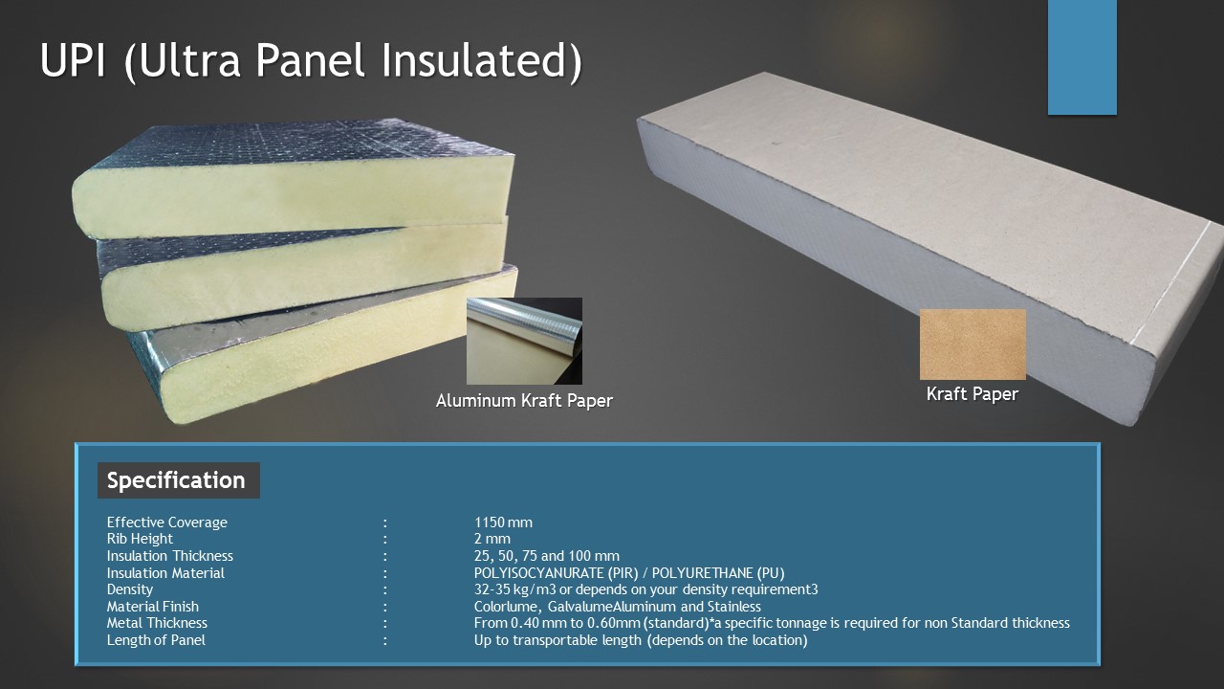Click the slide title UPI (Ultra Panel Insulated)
pyautogui.click(x=311, y=60)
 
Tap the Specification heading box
pyautogui.click(x=178, y=480)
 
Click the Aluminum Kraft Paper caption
pyautogui.click(x=524, y=401)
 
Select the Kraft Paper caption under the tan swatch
pyautogui.click(x=973, y=393)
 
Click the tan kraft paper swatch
pyautogui.click(x=973, y=344)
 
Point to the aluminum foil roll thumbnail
pyautogui.click(x=524, y=341)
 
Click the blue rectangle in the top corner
pyautogui.click(x=1082, y=57)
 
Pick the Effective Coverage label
pyautogui.click(x=166, y=522)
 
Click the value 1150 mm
pyautogui.click(x=503, y=522)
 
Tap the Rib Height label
pyautogui.click(x=140, y=539)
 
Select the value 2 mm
pyautogui.click(x=492, y=539)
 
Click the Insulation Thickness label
pyautogui.click(x=169, y=556)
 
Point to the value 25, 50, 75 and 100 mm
pyautogui.click(x=546, y=556)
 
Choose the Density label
pyautogui.click(x=129, y=589)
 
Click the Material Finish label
pyautogui.click(x=152, y=607)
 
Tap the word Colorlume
pyautogui.click(x=507, y=607)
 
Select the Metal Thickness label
pyautogui.click(x=157, y=623)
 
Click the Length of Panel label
pyautogui.click(x=156, y=640)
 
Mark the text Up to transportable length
pyautogui.click(x=557, y=640)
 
